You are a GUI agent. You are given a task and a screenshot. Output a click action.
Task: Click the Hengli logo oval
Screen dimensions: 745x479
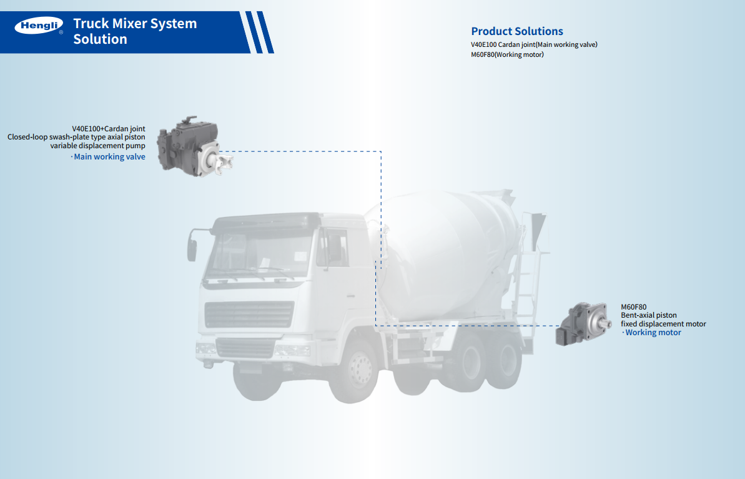tap(39, 26)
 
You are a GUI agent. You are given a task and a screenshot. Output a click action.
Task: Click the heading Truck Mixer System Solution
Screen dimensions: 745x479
tap(135, 31)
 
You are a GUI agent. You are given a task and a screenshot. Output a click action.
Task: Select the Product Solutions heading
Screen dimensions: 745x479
tap(517, 31)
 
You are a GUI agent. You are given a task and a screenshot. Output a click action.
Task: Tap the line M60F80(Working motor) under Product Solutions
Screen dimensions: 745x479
tap(508, 54)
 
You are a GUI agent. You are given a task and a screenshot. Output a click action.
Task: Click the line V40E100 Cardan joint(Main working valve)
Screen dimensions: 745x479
tap(534, 44)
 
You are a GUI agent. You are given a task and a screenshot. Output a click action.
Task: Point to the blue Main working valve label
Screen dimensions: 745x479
tap(109, 156)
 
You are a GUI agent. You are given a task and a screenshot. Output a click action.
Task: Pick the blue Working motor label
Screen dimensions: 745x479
tap(653, 333)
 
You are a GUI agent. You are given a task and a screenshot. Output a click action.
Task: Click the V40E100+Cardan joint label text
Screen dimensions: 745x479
tap(108, 128)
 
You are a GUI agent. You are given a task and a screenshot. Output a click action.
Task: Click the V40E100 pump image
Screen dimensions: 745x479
tap(195, 146)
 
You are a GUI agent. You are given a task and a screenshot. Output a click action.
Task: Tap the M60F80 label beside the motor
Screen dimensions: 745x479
tap(633, 307)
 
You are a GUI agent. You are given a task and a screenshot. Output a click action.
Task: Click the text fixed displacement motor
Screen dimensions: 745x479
tap(663, 324)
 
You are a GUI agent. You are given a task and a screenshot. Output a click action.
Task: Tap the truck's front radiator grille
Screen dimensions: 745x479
tap(249, 315)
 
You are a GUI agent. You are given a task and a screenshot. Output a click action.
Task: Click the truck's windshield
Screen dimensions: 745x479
tap(261, 255)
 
